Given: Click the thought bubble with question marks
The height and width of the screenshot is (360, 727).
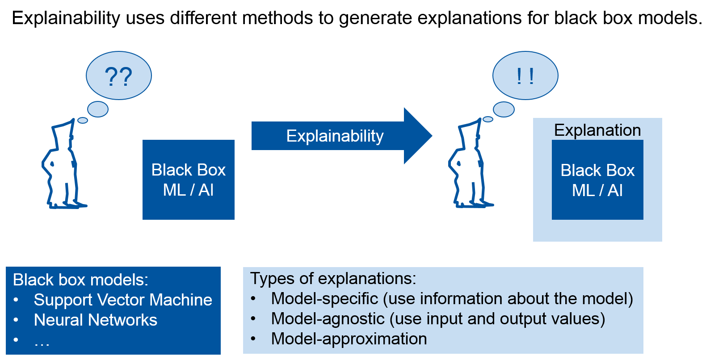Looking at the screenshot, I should tap(118, 76).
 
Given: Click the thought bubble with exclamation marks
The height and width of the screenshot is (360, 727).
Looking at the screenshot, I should tap(525, 76).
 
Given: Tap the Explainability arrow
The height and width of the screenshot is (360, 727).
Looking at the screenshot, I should tap(335, 136).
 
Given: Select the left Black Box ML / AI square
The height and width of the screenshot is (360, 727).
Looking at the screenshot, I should tap(188, 180).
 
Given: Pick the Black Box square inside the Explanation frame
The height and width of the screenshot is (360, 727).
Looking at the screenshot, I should tap(597, 180).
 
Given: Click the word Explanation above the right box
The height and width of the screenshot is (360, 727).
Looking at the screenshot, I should tap(597, 130).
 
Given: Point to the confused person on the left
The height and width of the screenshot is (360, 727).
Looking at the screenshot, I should tap(63, 165).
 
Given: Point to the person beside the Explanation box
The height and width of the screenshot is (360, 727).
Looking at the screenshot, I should tap(469, 165).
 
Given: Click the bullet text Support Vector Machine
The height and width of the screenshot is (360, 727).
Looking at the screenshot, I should tap(123, 300).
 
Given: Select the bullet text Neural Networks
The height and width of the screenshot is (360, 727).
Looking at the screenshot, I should tap(96, 320).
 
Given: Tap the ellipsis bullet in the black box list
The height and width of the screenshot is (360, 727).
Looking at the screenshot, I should tap(42, 342).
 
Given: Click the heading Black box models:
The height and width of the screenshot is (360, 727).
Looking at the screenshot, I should tap(80, 280).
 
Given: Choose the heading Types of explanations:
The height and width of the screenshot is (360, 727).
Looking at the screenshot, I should tap(333, 278).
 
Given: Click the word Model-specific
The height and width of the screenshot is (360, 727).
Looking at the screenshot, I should tap(324, 298).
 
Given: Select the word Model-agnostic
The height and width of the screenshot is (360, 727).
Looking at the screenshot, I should tap(328, 318).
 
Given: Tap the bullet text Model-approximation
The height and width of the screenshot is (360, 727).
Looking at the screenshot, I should tap(349, 339).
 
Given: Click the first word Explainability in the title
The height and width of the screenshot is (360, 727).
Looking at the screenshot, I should tap(66, 18).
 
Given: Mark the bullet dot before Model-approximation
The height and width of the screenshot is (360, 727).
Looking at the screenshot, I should tap(253, 339).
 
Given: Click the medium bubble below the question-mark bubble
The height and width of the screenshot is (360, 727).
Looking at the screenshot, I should tap(98, 109).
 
